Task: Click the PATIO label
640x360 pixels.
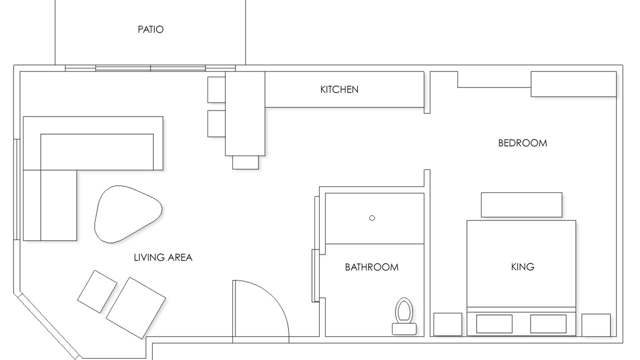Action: pyautogui.click(x=150, y=29)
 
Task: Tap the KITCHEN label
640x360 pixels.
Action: pyautogui.click(x=339, y=89)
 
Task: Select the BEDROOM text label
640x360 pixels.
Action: pyautogui.click(x=522, y=143)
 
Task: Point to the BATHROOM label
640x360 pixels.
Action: pyautogui.click(x=371, y=267)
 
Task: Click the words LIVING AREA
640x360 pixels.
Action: pyautogui.click(x=163, y=257)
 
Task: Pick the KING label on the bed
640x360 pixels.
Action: pyautogui.click(x=522, y=267)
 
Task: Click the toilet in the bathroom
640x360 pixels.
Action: pyautogui.click(x=404, y=316)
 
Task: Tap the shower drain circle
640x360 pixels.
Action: pyautogui.click(x=372, y=218)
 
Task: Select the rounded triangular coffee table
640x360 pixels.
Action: pyautogui.click(x=128, y=214)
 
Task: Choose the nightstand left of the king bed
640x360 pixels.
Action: pyautogui.click(x=447, y=324)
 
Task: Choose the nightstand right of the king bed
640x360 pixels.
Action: pyautogui.click(x=596, y=325)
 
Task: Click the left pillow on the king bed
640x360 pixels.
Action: pyautogui.click(x=494, y=324)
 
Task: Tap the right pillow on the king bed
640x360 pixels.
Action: pyautogui.click(x=548, y=324)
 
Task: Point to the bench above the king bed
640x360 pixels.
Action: pyautogui.click(x=521, y=205)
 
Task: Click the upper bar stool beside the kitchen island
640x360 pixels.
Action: pyautogui.click(x=216, y=89)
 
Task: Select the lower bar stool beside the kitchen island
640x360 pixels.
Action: pyautogui.click(x=216, y=123)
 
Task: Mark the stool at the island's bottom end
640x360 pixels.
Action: pyautogui.click(x=245, y=162)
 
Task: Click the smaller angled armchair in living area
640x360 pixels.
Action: pyautogui.click(x=97, y=291)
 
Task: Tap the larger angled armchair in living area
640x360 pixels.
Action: pyautogui.click(x=136, y=308)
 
